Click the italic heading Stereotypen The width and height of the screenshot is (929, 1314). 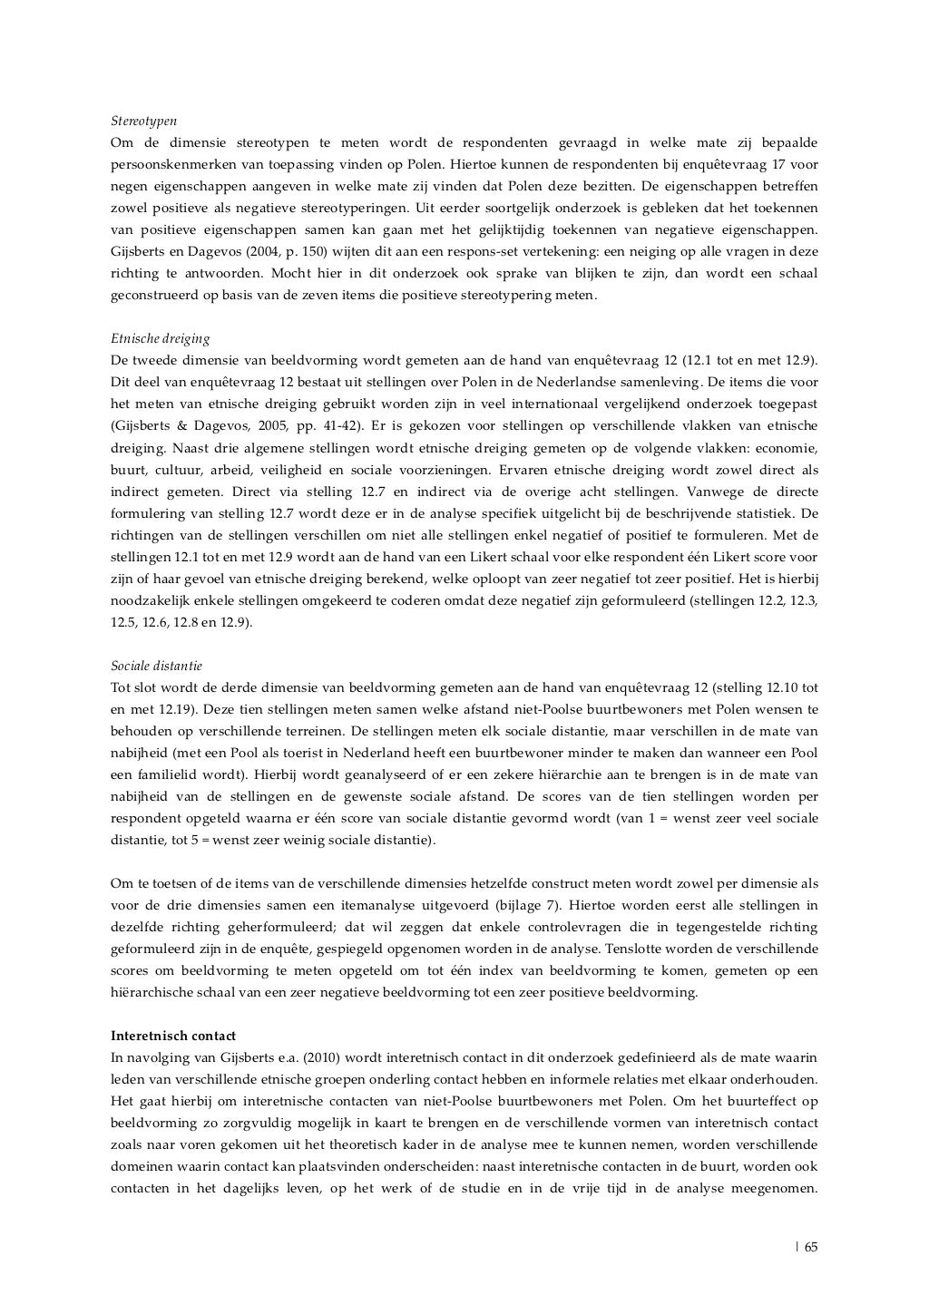[143, 121]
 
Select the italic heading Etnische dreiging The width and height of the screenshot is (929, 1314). [160, 338]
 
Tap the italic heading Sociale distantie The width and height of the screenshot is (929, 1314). [156, 666]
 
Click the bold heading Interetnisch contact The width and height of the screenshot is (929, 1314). [173, 1036]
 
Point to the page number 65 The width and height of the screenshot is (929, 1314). [810, 1246]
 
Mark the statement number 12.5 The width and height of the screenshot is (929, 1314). [125, 622]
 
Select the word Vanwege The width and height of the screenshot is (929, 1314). [676, 492]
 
